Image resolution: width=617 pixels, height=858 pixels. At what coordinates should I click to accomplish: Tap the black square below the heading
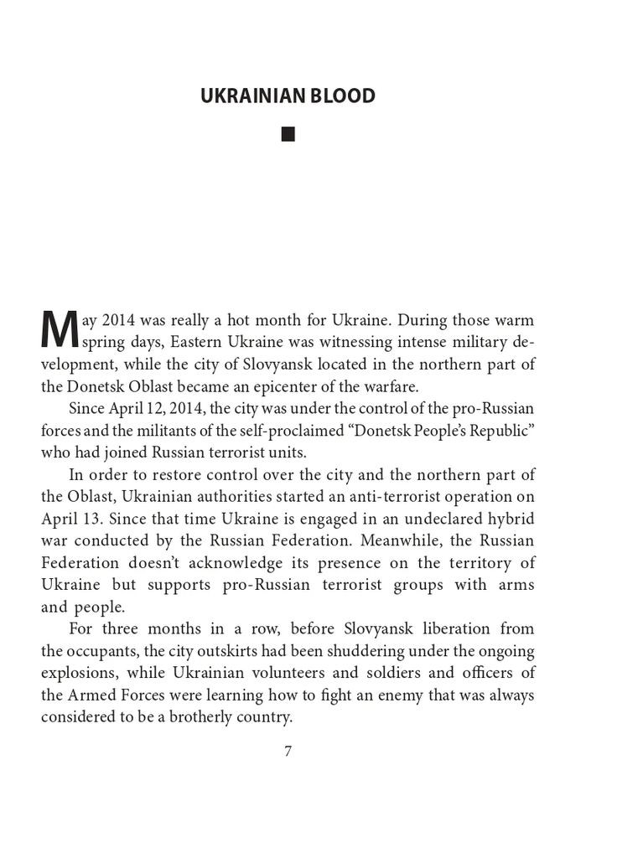pyautogui.click(x=288, y=134)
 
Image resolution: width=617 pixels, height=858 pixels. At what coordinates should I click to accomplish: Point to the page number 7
pyautogui.click(x=288, y=751)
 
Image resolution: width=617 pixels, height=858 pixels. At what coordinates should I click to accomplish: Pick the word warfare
pyautogui.click(x=390, y=386)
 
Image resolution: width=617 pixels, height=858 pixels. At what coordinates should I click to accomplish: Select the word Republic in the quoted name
pyautogui.click(x=504, y=430)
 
